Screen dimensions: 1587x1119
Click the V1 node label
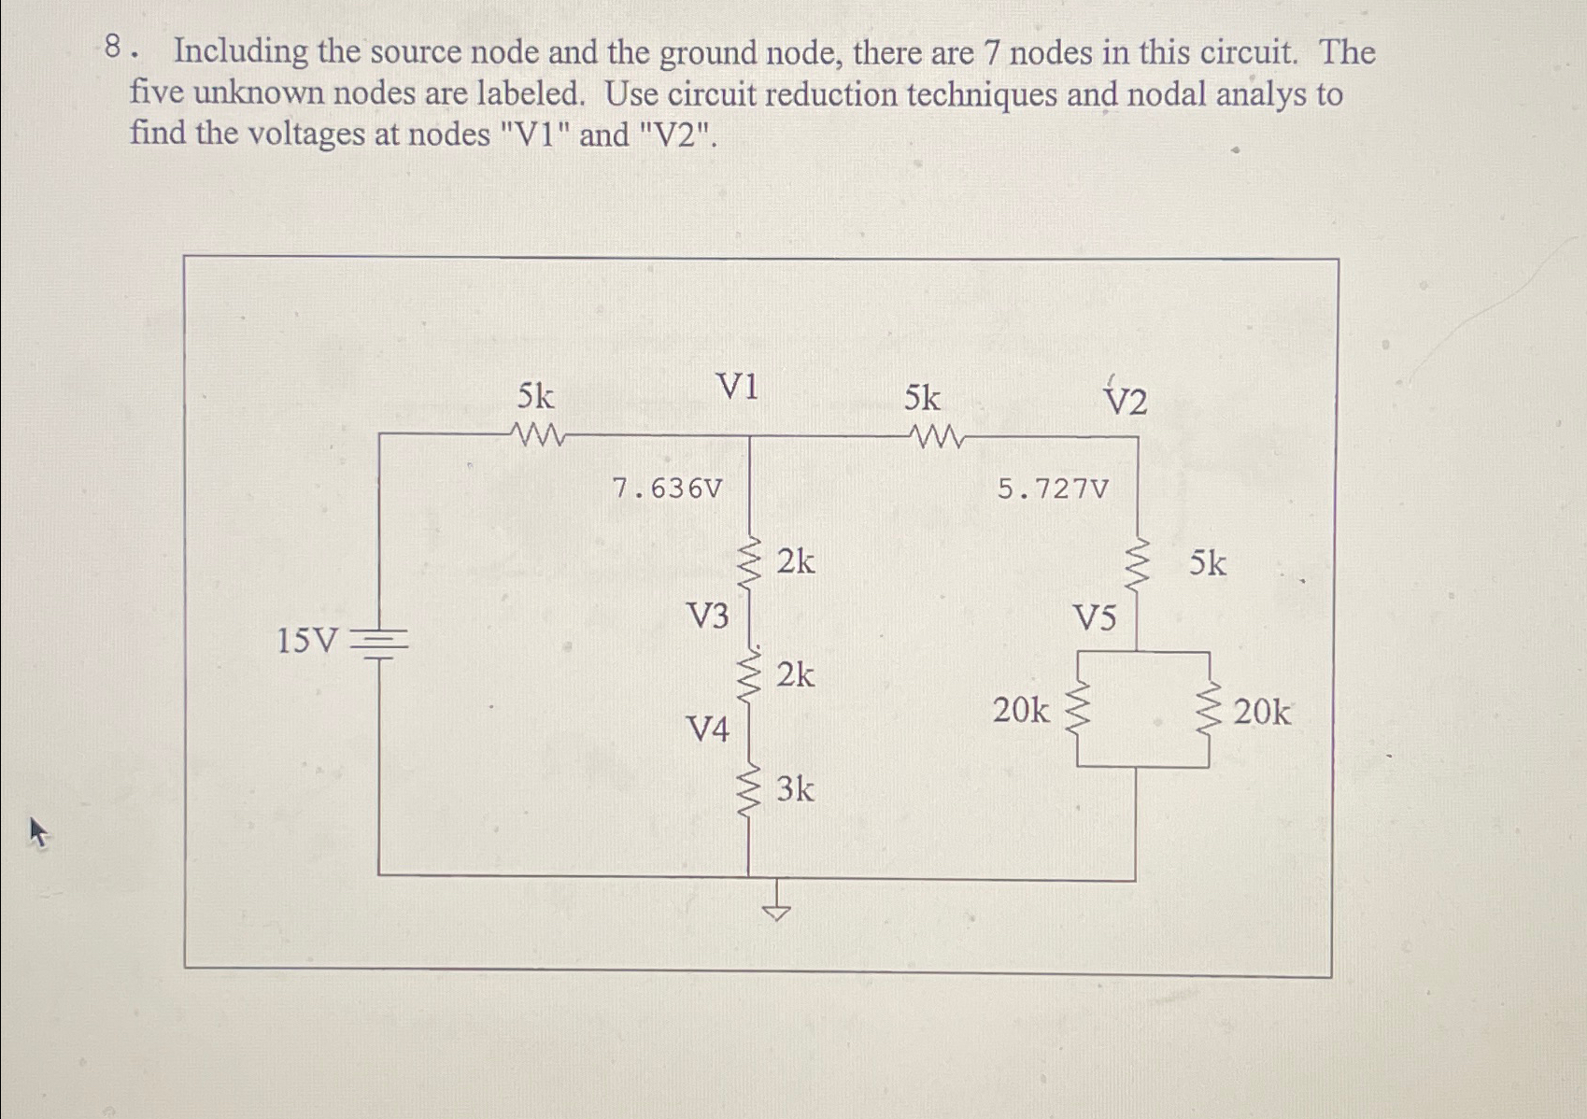[x=737, y=387]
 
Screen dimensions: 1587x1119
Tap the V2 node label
[x=1125, y=402]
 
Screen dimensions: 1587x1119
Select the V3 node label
[x=707, y=616]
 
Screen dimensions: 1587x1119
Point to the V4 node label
[x=707, y=729]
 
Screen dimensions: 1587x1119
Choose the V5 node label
[x=1094, y=618]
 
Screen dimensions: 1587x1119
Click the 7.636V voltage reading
[x=667, y=489]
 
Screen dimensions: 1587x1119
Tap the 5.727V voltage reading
[x=1053, y=489]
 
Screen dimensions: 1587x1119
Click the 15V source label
[x=307, y=642]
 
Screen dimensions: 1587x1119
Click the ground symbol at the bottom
[x=776, y=911]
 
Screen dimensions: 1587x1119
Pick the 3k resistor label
[x=795, y=790]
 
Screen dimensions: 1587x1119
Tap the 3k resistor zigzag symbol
[x=748, y=790]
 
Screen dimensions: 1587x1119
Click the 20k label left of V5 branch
[x=1020, y=712]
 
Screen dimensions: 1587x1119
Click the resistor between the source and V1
[x=537, y=434]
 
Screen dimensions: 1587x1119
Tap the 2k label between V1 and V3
[x=796, y=562]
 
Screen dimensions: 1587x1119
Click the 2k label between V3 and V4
[x=795, y=674]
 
